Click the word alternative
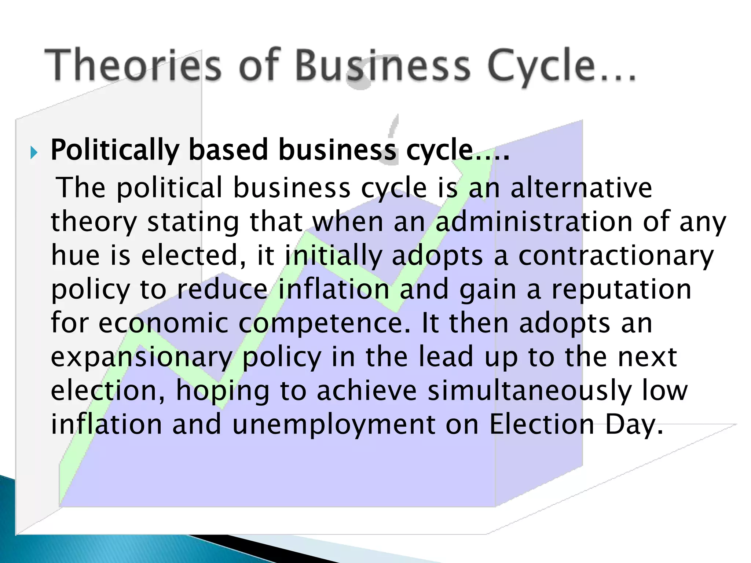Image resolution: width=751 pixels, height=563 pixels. point(581,188)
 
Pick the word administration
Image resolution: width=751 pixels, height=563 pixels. point(534,221)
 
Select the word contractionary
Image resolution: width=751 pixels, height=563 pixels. point(616,256)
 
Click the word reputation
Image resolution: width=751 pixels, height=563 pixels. point(622,290)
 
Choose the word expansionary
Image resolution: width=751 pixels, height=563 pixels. point(142,357)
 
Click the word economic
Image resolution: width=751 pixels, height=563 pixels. point(163,323)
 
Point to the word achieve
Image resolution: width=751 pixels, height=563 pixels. point(367,391)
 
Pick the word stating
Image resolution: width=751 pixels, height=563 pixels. point(193,222)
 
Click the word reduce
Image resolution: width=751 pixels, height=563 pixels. point(222,290)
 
